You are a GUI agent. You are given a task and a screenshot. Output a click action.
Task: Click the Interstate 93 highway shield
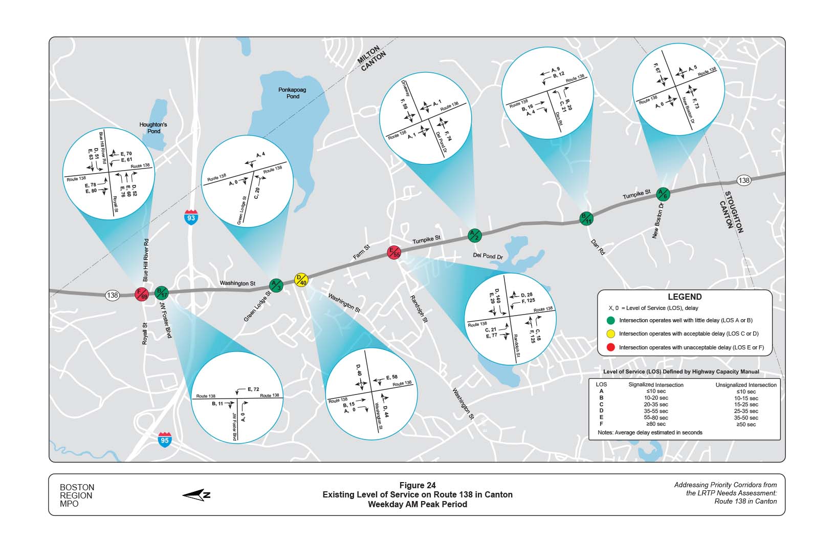pyautogui.click(x=191, y=217)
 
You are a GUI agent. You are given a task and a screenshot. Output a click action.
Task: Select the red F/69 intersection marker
pyautogui.click(x=141, y=294)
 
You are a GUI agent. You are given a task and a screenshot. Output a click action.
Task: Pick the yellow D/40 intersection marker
pyautogui.click(x=301, y=280)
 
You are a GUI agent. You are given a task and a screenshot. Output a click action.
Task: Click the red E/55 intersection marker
pyautogui.click(x=393, y=252)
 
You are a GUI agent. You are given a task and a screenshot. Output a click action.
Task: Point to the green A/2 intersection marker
pyautogui.click(x=474, y=236)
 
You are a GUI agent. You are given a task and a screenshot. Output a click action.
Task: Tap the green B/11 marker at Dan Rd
pyautogui.click(x=586, y=218)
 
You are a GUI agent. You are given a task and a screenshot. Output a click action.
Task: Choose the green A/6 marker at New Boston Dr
pyautogui.click(x=663, y=194)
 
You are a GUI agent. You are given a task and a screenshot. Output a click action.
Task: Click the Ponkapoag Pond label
pyautogui.click(x=293, y=93)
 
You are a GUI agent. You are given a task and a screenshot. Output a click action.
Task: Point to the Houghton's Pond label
pyautogui.click(x=153, y=128)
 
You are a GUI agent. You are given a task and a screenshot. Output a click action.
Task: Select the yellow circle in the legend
pyautogui.click(x=610, y=334)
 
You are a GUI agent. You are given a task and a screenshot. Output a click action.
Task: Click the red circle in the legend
pyautogui.click(x=610, y=347)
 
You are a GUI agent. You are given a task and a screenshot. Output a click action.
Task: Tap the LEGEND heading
pyautogui.click(x=685, y=297)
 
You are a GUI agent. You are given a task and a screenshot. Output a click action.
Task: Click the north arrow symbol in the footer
pyautogui.click(x=196, y=494)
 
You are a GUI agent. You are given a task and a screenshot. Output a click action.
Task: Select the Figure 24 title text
pyautogui.click(x=417, y=486)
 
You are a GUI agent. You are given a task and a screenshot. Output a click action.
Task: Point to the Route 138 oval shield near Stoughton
pyautogui.click(x=744, y=180)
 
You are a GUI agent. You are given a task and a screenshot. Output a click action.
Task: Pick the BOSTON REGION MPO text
pyautogui.click(x=77, y=495)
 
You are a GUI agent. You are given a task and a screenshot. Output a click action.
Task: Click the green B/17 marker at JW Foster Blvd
pyautogui.click(x=162, y=293)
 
